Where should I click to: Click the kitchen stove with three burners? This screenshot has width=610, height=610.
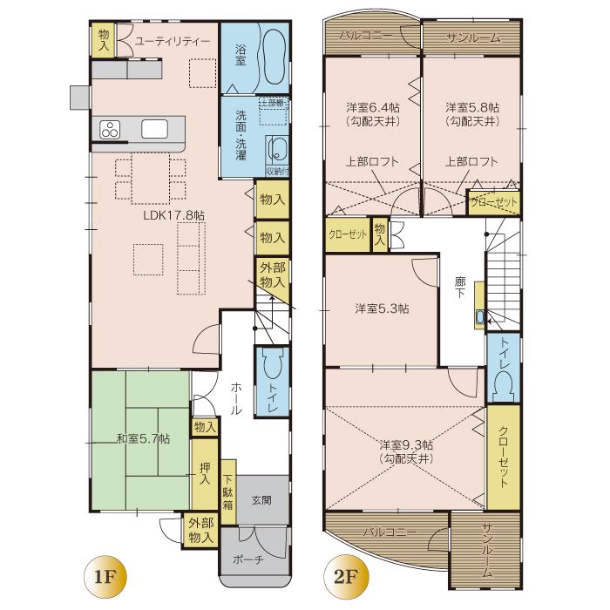[x=111, y=131]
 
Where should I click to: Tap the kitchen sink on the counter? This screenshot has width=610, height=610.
[x=154, y=130]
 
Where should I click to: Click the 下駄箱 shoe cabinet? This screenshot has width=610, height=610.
[x=227, y=492]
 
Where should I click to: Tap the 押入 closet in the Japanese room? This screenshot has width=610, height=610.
[x=204, y=474]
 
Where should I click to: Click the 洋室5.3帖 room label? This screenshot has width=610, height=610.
[x=383, y=308]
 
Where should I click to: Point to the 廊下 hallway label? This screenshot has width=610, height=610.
[x=460, y=288]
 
